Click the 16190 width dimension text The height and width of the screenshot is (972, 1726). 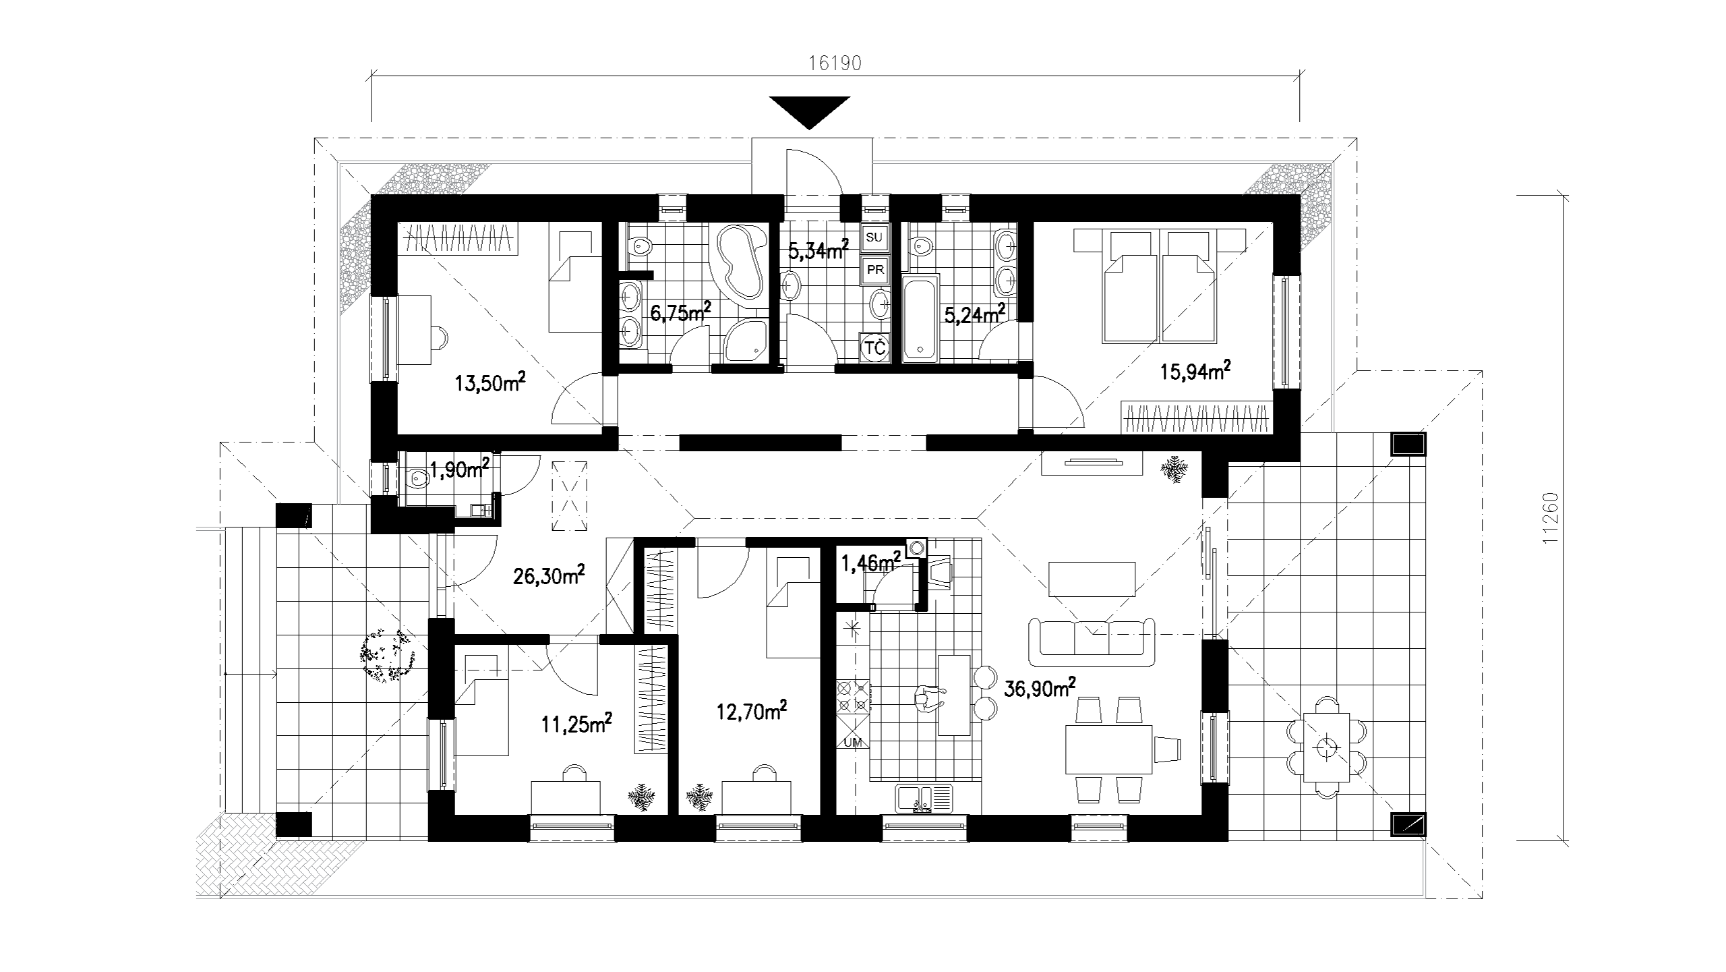pos(835,63)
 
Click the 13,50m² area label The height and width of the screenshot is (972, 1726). pos(490,383)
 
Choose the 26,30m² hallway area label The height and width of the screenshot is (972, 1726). pos(549,575)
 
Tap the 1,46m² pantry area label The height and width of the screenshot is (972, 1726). pos(870,561)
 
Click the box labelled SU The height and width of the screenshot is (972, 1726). pos(874,237)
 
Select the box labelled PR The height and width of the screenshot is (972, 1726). pos(875,270)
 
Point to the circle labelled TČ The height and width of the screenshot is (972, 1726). pos(874,348)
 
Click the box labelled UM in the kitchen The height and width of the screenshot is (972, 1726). pos(853,741)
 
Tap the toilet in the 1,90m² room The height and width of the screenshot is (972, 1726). pos(418,480)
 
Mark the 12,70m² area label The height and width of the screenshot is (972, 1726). pos(751,712)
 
